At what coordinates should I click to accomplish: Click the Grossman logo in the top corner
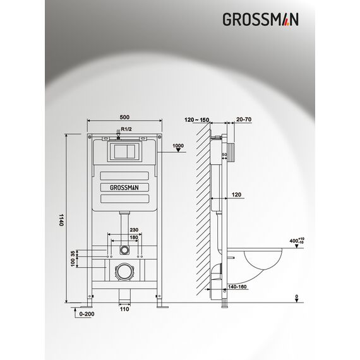261,20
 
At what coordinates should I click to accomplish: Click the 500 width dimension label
124,117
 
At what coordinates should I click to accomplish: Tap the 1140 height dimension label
61,220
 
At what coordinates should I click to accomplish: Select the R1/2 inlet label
126,129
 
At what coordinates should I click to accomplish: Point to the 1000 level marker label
178,145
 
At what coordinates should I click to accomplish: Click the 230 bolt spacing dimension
134,230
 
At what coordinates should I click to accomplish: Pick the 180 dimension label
134,237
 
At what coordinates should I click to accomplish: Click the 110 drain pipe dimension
124,309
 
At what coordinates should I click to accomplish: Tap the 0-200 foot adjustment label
87,314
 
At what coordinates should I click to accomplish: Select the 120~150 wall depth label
197,120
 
